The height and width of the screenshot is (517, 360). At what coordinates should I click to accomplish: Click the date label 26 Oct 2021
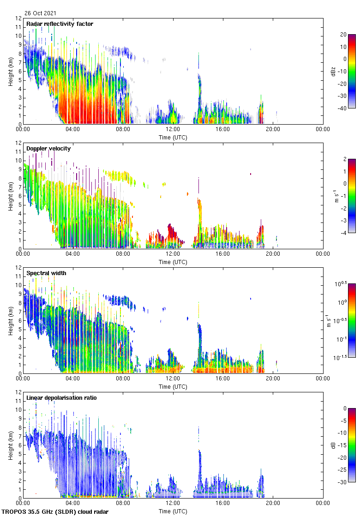[41, 13]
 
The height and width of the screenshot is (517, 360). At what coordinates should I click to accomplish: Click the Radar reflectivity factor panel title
[60, 24]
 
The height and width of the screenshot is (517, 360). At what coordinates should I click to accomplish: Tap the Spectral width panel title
[46, 273]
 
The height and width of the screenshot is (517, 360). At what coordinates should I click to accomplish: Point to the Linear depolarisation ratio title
[61, 398]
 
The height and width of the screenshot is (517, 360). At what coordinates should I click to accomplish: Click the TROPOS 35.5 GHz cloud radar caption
[55, 512]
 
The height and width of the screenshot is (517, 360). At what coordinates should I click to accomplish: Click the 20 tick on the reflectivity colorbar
[343, 35]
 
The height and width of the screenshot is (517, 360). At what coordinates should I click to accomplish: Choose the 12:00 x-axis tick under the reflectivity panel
[173, 129]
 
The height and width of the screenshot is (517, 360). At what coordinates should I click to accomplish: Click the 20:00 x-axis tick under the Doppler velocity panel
[272, 254]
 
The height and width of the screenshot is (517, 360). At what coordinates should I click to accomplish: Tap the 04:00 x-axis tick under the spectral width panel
[73, 379]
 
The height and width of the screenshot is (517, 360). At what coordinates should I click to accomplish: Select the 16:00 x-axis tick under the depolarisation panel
[222, 503]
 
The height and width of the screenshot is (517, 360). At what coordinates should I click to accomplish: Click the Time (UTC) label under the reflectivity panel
[173, 137]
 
